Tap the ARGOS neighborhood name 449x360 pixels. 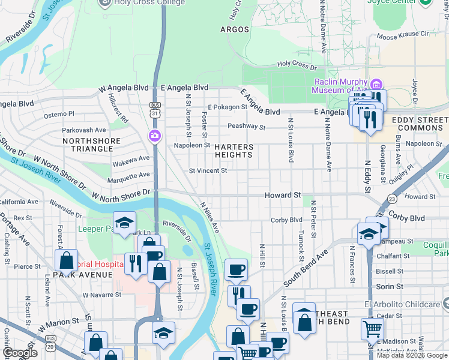coord(234,29)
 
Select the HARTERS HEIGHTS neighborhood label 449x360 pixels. coord(234,151)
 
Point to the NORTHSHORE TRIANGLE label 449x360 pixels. coord(91,146)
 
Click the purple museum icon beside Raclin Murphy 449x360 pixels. coord(376,83)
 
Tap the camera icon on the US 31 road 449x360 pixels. coord(155,136)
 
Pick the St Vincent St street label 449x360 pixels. coord(208,170)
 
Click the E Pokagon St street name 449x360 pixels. coord(228,107)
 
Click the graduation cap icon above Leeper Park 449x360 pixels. coord(125,223)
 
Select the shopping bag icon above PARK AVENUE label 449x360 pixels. coord(66,260)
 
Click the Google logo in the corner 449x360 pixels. coord(20,353)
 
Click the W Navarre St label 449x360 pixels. coord(101,295)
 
